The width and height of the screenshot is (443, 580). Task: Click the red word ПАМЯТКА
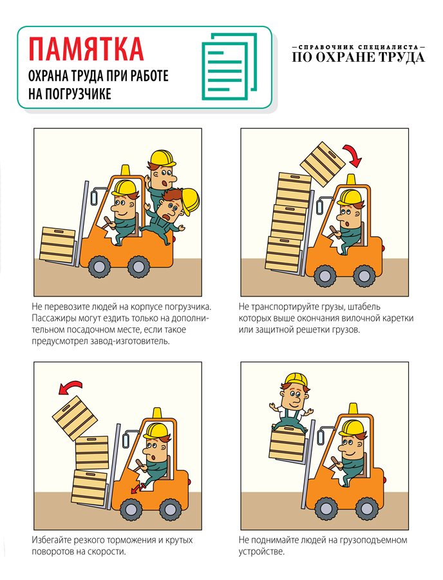[86, 49]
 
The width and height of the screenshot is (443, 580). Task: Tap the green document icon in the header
[229, 66]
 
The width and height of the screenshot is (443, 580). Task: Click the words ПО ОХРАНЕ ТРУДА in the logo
[358, 57]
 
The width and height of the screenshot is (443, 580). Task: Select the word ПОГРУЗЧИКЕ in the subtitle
[78, 94]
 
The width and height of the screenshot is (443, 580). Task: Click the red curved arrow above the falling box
[353, 155]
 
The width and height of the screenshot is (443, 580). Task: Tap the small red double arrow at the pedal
[137, 488]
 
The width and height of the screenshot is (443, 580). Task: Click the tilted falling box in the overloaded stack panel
[323, 164]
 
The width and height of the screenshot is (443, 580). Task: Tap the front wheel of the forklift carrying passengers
[99, 266]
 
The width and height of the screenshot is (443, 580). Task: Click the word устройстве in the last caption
[261, 552]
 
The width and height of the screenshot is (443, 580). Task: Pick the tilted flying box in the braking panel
[75, 418]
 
